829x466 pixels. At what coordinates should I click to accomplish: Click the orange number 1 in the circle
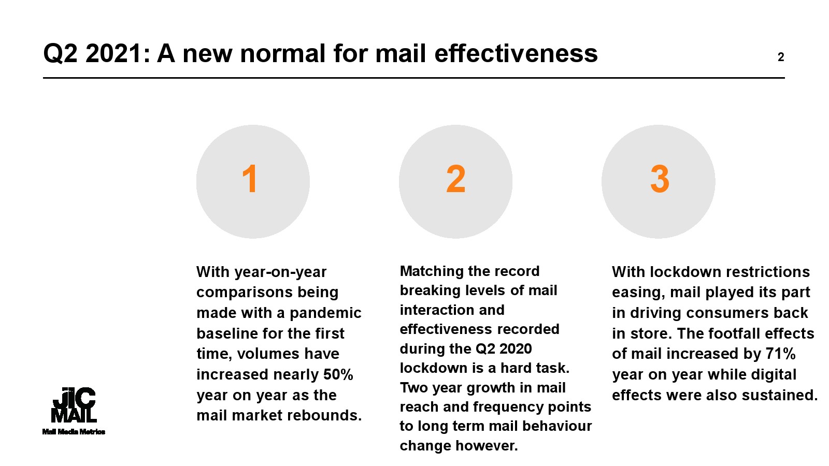(250, 179)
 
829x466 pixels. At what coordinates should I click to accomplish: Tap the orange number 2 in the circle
(455, 179)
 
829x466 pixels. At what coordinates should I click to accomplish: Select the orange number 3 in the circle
(660, 179)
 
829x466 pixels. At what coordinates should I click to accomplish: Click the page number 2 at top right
(781, 57)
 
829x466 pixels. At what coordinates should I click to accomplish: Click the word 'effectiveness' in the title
(516, 53)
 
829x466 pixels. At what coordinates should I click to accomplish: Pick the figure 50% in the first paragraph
(338, 374)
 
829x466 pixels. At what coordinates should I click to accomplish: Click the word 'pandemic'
(325, 313)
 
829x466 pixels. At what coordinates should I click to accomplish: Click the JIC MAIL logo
(74, 405)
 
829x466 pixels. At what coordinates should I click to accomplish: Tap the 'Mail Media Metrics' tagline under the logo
(74, 432)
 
